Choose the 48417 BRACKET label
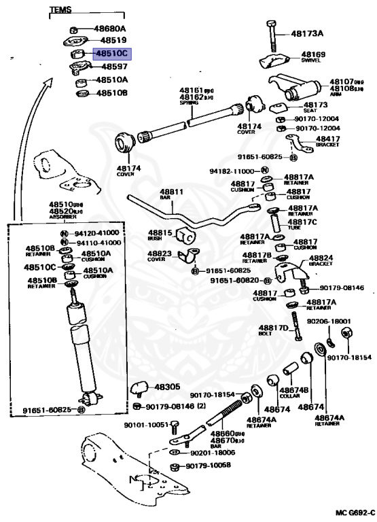pyautogui.click(x=328, y=141)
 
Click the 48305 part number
pyautogui.click(x=167, y=387)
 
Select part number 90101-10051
pyautogui.click(x=145, y=424)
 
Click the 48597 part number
pyautogui.click(x=113, y=67)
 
